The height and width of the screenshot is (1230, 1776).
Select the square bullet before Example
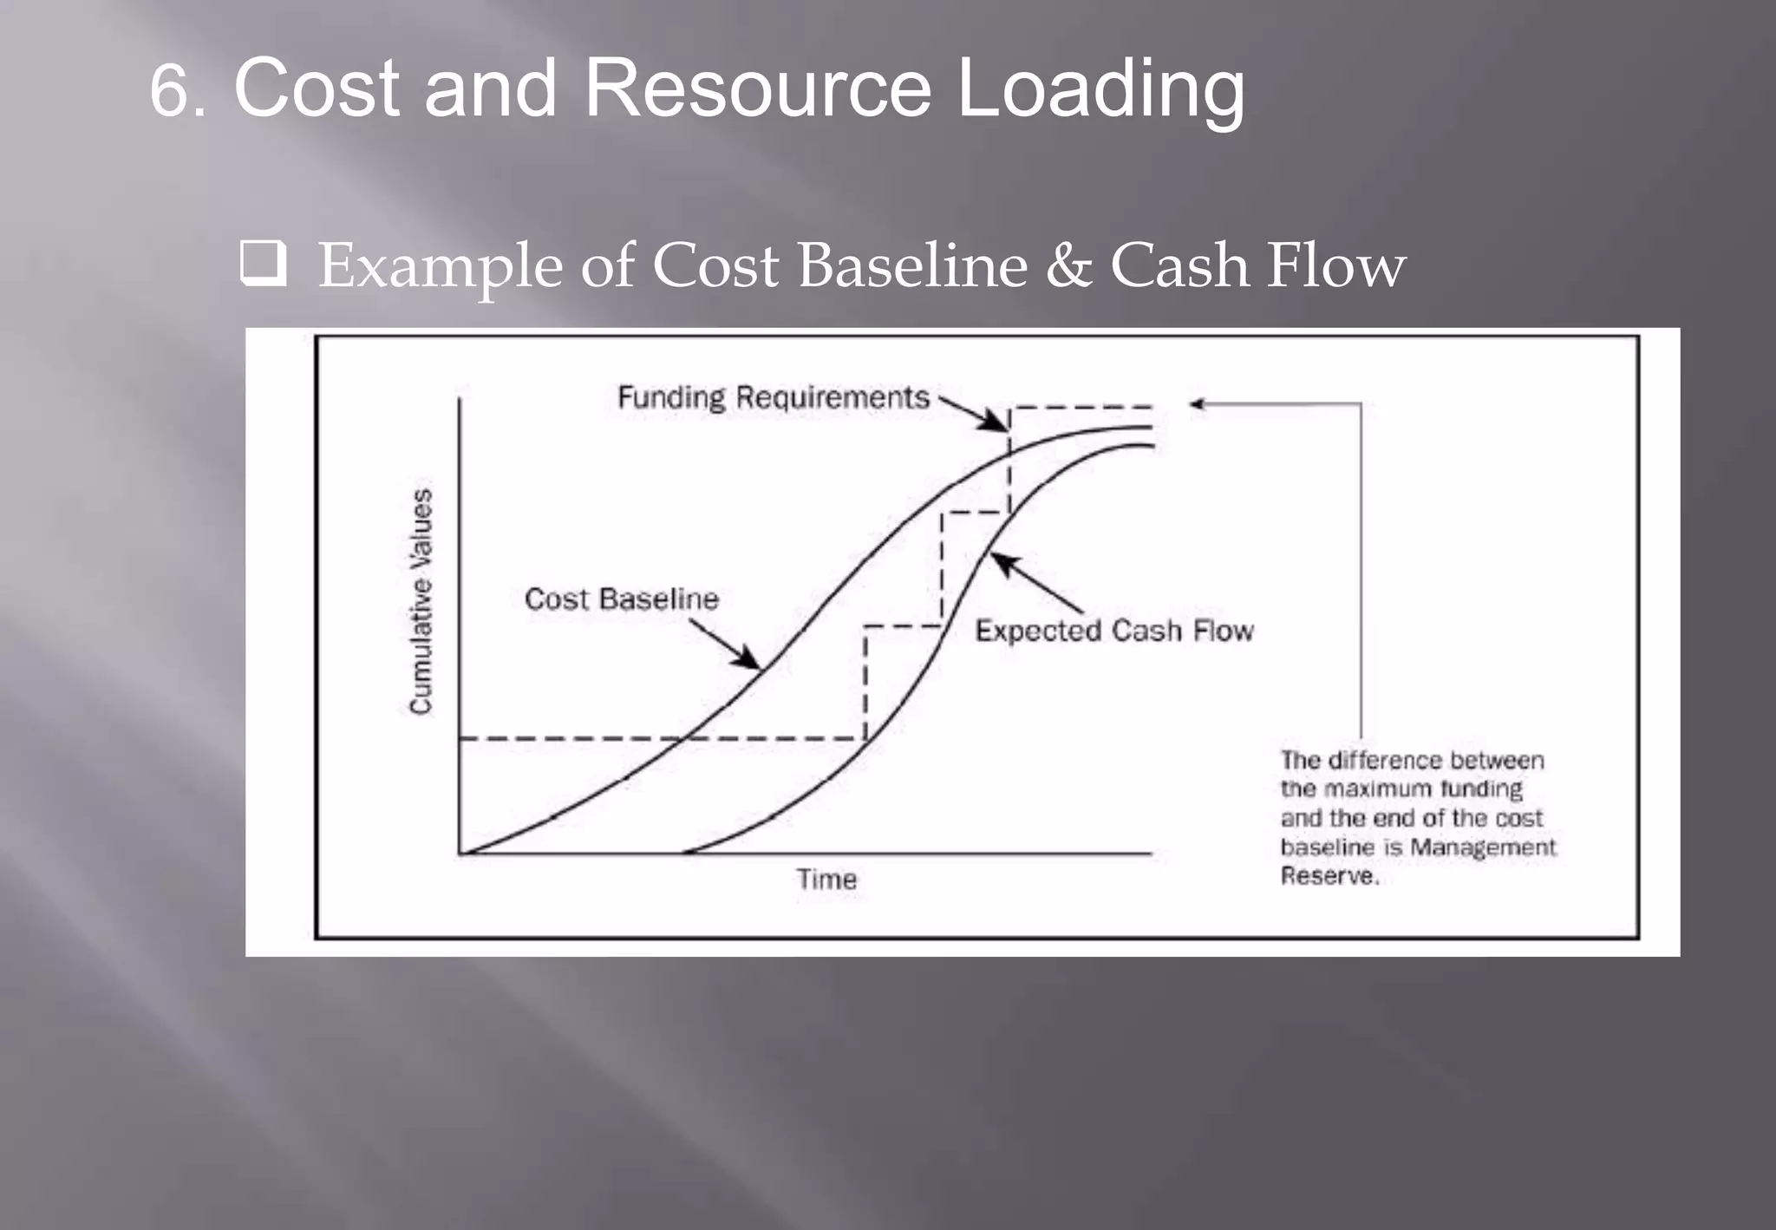point(263,265)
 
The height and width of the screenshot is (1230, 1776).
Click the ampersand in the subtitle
point(1068,265)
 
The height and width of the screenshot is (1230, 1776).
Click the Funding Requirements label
point(773,397)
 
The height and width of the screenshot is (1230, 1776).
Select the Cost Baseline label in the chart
point(621,599)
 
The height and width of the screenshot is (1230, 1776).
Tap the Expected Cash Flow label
point(1113,631)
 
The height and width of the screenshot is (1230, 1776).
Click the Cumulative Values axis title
point(421,601)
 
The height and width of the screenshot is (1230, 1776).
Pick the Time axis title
point(826,880)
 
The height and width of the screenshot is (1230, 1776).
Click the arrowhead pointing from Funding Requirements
point(999,423)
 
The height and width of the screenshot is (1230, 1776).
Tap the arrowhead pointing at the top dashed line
point(1198,403)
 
